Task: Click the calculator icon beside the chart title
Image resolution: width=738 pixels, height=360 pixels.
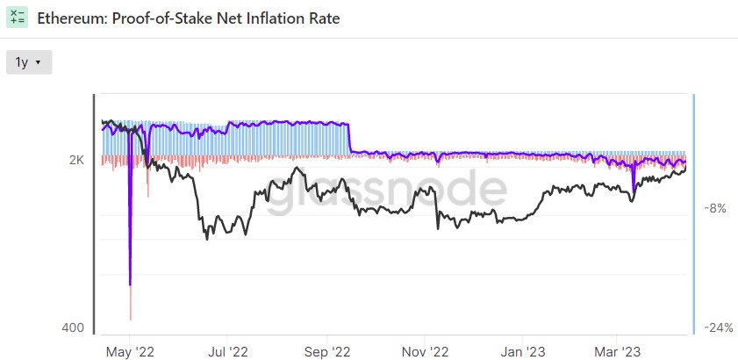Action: click(x=17, y=17)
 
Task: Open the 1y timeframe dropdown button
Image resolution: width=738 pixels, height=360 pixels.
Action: click(x=29, y=62)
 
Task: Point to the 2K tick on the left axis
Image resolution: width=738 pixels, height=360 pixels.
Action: click(x=77, y=161)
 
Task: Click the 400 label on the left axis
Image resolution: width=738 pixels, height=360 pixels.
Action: click(x=74, y=328)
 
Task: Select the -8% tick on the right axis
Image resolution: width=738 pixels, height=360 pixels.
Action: click(x=715, y=209)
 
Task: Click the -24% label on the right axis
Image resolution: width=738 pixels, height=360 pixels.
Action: click(x=718, y=328)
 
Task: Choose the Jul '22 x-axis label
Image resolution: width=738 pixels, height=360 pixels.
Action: click(x=228, y=351)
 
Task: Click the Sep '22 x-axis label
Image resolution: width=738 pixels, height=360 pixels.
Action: click(x=326, y=351)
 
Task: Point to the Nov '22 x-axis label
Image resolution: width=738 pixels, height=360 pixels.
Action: click(x=424, y=351)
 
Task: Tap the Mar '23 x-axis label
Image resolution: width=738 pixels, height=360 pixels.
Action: click(x=618, y=351)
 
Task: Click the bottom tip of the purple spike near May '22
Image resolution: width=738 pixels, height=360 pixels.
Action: click(x=130, y=284)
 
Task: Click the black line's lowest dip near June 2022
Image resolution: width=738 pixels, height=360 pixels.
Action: click(x=207, y=238)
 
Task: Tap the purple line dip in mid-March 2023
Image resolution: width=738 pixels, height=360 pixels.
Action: click(x=632, y=187)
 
